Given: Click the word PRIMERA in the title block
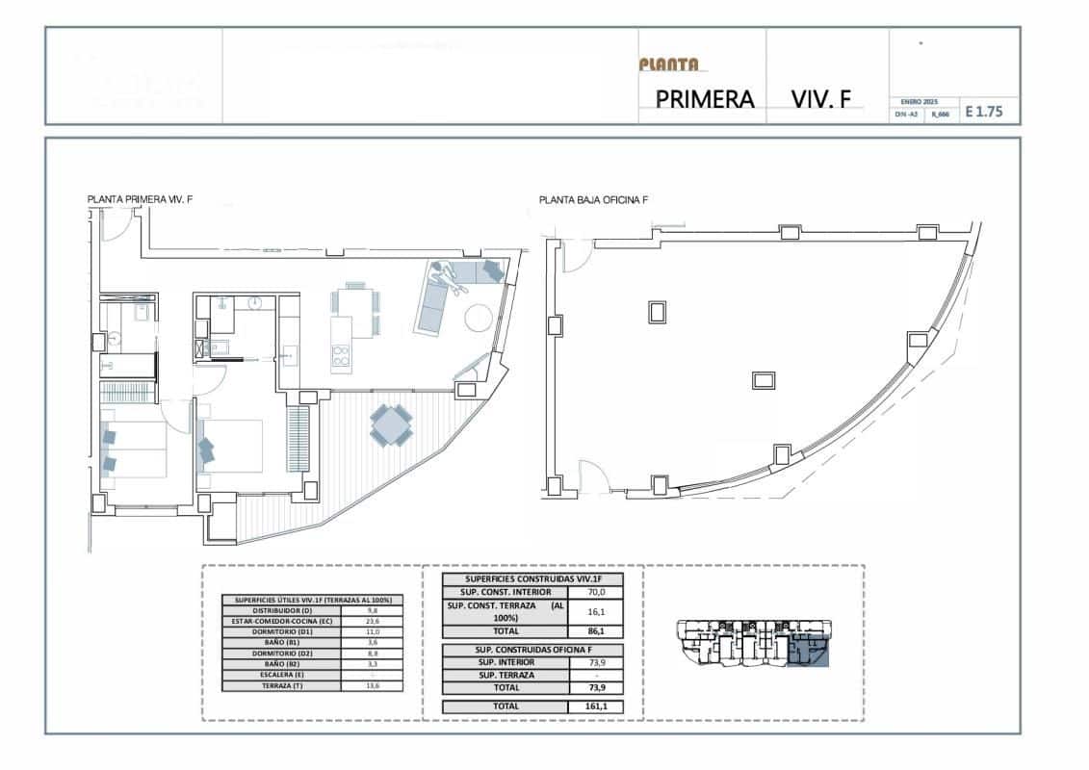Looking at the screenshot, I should click(x=704, y=99).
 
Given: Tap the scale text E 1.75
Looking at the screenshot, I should click(x=983, y=112).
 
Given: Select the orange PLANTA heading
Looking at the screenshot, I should click(x=668, y=64).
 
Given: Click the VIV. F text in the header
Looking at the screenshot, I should click(x=820, y=99).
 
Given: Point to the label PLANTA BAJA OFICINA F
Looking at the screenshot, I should click(x=593, y=200).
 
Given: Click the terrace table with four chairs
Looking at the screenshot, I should click(x=392, y=424).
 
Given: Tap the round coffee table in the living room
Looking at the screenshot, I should click(x=480, y=317).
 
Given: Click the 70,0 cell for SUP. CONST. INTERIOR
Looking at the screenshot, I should click(x=598, y=592).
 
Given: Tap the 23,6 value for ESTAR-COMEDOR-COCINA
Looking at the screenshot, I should click(x=372, y=622).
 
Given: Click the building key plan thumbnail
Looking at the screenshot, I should click(x=753, y=642).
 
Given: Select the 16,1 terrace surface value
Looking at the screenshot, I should click(x=598, y=611).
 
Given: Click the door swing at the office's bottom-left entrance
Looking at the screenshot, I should click(x=589, y=475).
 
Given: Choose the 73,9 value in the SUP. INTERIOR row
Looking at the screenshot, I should click(x=598, y=662).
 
